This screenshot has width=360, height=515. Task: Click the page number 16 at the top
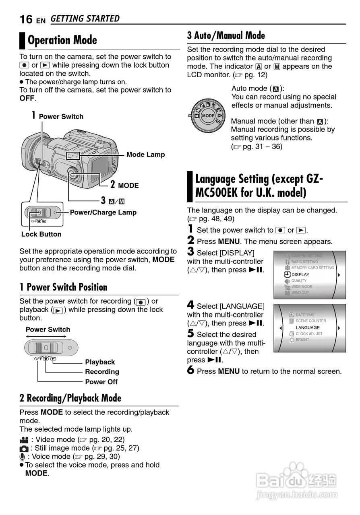[x=26, y=19]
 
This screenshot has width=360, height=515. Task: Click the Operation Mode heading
[x=62, y=40]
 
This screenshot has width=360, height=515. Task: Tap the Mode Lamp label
[x=145, y=154]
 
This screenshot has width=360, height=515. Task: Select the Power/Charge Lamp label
[x=103, y=212]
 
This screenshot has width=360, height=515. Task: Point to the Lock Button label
[x=41, y=234]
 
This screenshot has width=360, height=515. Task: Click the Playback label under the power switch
[x=100, y=362]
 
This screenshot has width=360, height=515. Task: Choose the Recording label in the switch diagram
[x=102, y=372]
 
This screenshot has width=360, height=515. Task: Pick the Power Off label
[x=101, y=382]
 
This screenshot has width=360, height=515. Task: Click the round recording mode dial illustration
[x=208, y=115]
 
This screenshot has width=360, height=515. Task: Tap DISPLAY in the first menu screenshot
[x=300, y=274]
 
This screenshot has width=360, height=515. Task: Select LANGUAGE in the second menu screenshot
[x=308, y=328]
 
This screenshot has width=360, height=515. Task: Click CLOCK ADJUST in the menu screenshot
[x=309, y=334]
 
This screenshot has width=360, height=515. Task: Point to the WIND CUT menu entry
[x=300, y=293]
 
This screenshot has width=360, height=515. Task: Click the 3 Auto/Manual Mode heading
[x=226, y=36]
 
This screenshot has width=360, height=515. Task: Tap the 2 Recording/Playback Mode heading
[x=70, y=398]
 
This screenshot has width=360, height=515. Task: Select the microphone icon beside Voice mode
[x=23, y=457]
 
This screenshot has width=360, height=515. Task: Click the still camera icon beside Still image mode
[x=24, y=448]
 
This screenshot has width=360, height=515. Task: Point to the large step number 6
[x=191, y=371]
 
